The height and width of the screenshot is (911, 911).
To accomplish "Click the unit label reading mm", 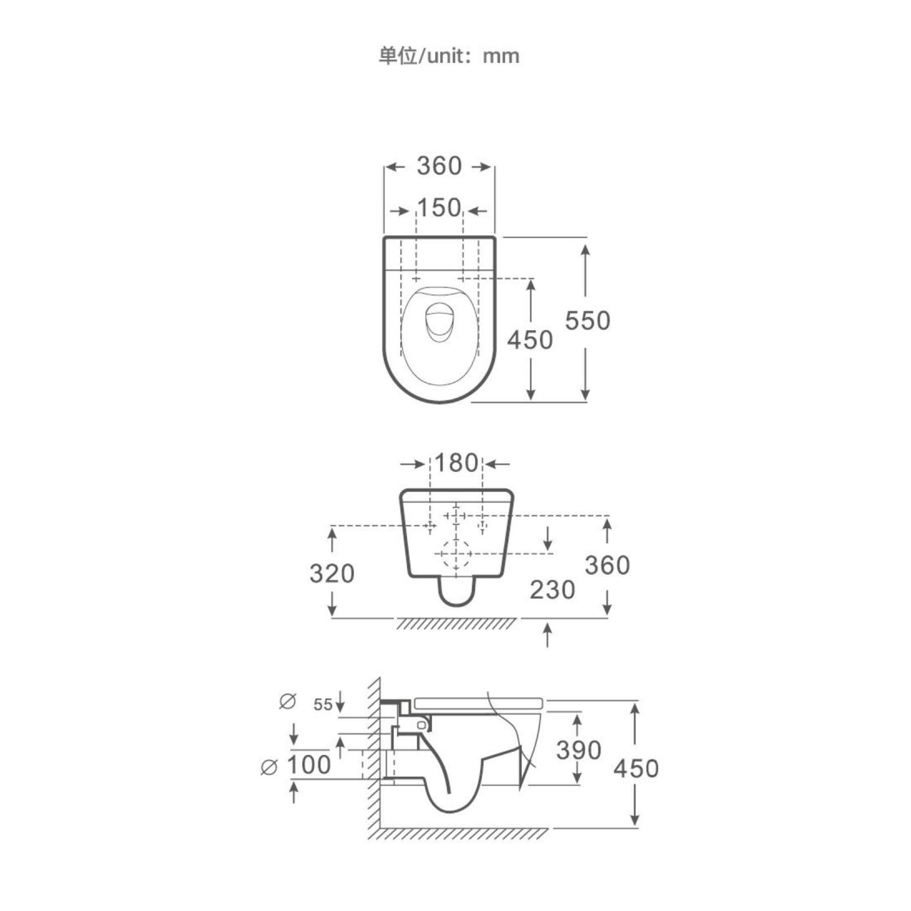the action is coord(501,57).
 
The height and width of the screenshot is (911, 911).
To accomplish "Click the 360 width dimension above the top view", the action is coord(439,166).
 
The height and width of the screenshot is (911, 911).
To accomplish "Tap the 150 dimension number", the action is coord(439,208).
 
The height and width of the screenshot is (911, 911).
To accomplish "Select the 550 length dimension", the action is coord(587,320).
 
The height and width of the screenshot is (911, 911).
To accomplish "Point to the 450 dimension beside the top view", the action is coord(530,340).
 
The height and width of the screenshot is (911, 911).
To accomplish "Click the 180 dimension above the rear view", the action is coord(455,463).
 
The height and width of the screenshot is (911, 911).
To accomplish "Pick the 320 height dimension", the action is coord(332,574).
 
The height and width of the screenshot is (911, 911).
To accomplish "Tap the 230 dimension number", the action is coord(552,590).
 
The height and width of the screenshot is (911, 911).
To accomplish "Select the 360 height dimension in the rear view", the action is coord(607,565).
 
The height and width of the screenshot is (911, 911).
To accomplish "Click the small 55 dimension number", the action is coord(323,705).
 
